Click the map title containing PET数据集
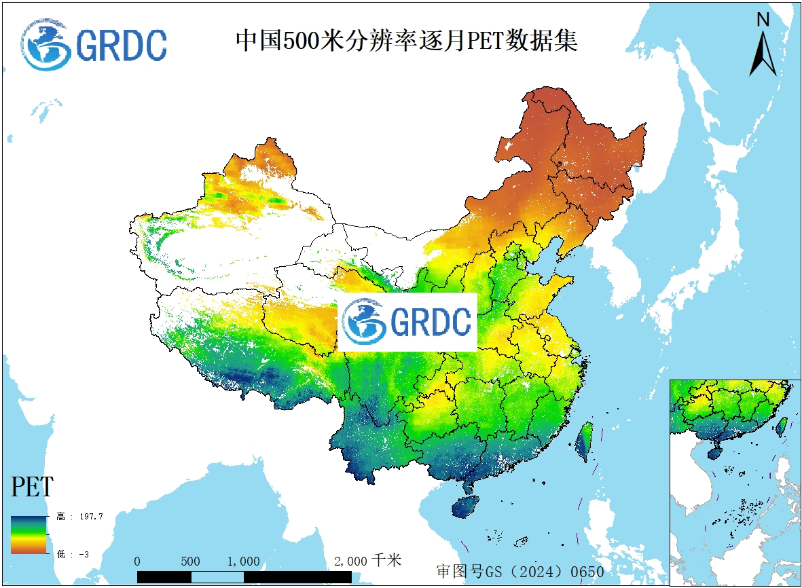coord(406,41)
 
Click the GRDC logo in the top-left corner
coord(94,45)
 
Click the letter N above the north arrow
coord(763,20)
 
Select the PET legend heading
coord(32,487)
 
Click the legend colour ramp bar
coord(29,534)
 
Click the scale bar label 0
coord(138,562)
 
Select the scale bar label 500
coord(191,562)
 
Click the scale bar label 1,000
coord(243,562)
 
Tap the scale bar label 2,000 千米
coord(367,561)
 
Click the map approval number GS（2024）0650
coord(520,572)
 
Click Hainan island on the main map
coord(464,507)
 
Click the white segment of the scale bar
coord(217,576)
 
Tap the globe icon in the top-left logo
coord(45,45)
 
